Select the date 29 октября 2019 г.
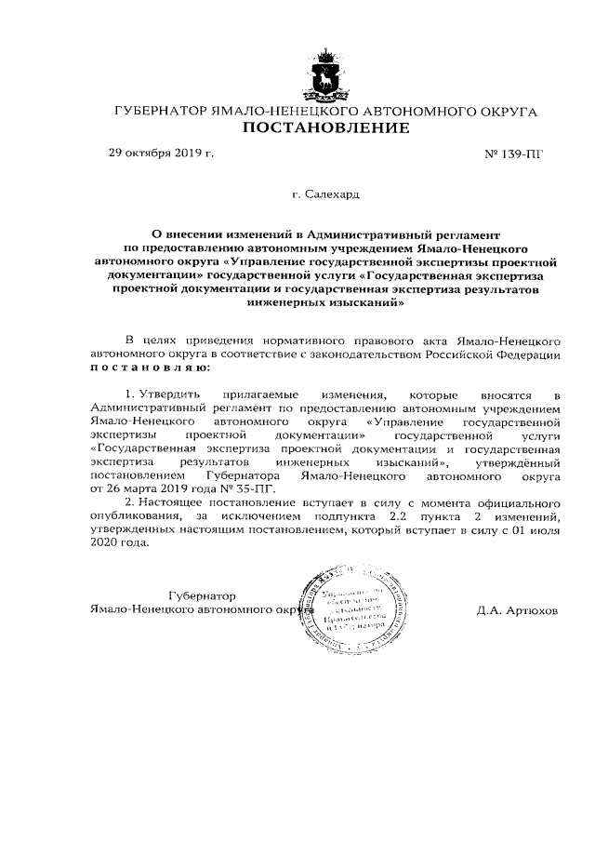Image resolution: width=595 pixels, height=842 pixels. [161, 152]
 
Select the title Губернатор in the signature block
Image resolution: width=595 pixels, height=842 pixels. [203, 595]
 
